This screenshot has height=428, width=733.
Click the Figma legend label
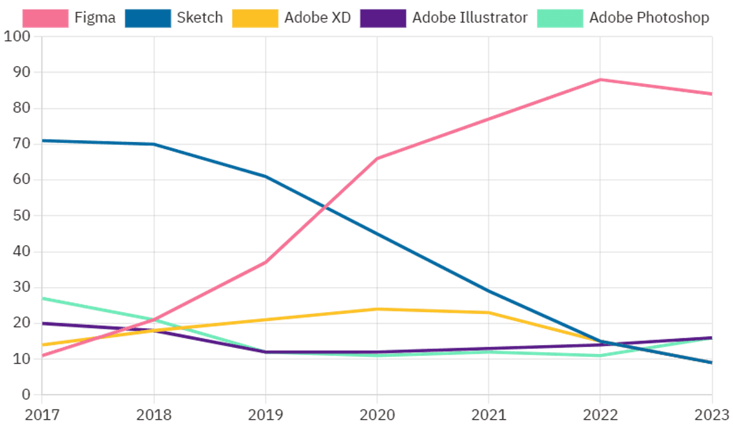click(x=95, y=17)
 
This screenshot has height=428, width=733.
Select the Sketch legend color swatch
click(x=148, y=18)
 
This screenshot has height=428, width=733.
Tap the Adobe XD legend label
click(x=317, y=17)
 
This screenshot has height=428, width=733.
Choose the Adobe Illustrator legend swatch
click(x=382, y=18)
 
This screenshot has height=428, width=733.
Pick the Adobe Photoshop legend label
click(x=648, y=17)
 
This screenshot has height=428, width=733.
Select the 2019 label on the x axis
click(x=266, y=415)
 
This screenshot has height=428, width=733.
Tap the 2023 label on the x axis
click(x=713, y=415)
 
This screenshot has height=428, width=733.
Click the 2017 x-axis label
click(x=42, y=415)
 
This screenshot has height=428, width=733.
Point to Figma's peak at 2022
click(x=600, y=80)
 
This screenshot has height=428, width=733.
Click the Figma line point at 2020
click(x=377, y=159)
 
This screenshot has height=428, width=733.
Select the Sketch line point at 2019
click(x=266, y=176)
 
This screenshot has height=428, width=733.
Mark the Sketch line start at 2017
click(x=42, y=141)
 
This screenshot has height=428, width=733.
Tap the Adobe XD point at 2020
click(x=377, y=309)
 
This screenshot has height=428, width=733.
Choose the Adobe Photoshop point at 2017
click(x=42, y=298)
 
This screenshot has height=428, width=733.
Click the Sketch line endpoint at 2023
click(x=712, y=362)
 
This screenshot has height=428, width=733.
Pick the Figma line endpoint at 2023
click(x=712, y=94)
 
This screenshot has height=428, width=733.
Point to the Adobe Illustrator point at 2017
click(x=42, y=324)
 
